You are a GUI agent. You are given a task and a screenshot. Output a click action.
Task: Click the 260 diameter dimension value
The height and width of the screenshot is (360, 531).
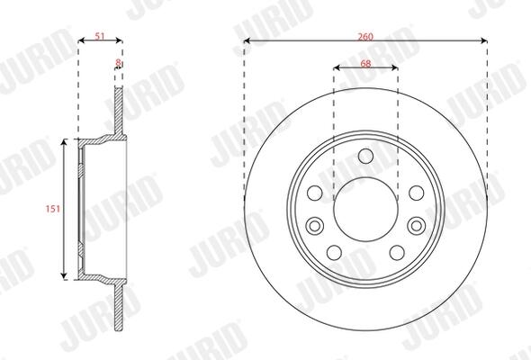(x=365, y=37)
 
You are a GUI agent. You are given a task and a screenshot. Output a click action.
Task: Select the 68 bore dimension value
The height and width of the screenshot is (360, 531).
(x=365, y=63)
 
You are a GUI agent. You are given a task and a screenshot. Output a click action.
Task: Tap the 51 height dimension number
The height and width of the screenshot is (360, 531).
(x=100, y=36)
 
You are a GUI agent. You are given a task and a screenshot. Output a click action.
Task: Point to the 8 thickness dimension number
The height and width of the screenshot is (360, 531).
(x=118, y=62)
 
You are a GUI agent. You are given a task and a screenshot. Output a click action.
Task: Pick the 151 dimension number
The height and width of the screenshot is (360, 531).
(x=53, y=209)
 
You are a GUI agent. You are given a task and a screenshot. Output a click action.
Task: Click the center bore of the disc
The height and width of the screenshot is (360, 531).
(x=365, y=210)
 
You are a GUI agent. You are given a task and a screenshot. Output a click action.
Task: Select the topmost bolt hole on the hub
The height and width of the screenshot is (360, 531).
(x=365, y=156)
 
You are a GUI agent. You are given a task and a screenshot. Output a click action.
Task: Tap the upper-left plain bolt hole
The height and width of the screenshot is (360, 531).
(x=315, y=193)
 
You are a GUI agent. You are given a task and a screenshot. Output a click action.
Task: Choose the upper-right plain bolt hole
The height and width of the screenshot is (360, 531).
(x=416, y=193)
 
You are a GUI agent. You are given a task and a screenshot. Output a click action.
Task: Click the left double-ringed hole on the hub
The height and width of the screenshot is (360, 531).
(x=315, y=226)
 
